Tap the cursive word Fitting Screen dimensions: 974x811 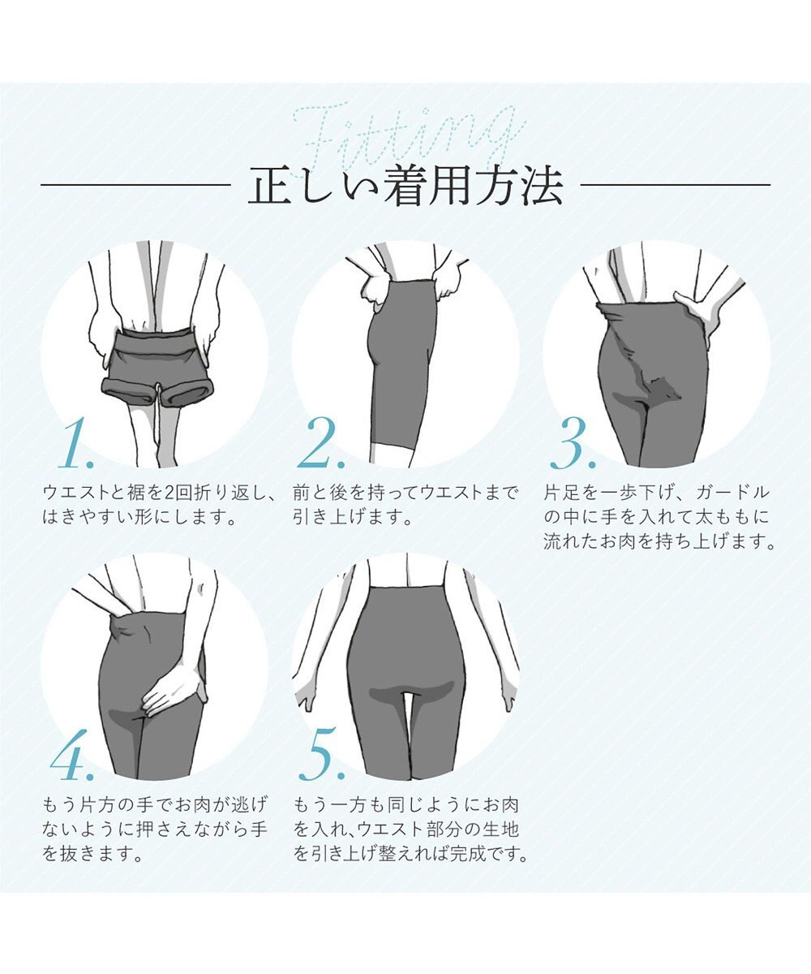pyautogui.click(x=410, y=134)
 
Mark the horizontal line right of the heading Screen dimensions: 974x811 pyautogui.click(x=676, y=186)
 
